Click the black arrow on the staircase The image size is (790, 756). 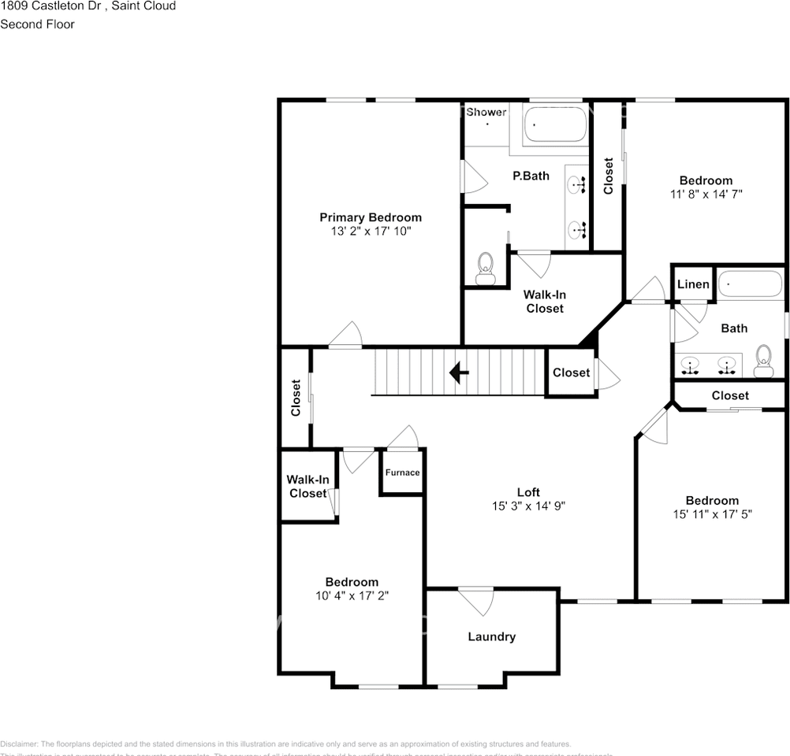[459, 372]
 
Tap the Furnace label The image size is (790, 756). [402, 472]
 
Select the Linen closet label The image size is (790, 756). [694, 284]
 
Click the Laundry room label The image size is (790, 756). [491, 636]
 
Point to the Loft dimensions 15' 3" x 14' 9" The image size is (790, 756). [528, 506]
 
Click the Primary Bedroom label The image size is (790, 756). [370, 217]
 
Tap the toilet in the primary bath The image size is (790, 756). [484, 268]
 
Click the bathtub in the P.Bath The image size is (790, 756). [556, 124]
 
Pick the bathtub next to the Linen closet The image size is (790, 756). [750, 283]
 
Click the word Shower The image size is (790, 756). [486, 112]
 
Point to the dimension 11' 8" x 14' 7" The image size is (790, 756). [706, 194]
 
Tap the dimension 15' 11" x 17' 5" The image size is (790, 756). [712, 514]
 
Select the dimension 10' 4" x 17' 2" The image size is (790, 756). [352, 596]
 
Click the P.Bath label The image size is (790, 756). [531, 176]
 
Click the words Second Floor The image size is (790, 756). [37, 24]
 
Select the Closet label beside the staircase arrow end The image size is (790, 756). [571, 372]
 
